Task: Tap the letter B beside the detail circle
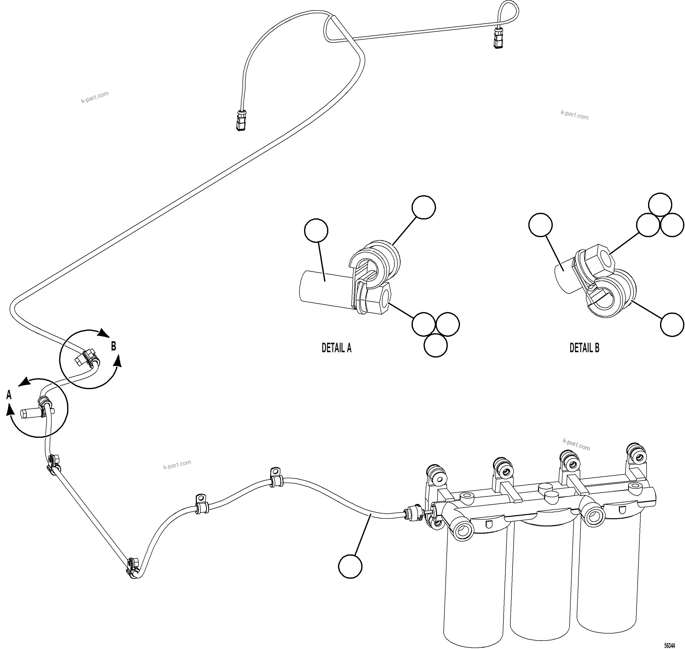pyautogui.click(x=114, y=346)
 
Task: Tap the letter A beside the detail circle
pyautogui.click(x=9, y=395)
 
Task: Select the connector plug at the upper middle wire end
pyautogui.click(x=241, y=120)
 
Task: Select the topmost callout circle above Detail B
pyautogui.click(x=660, y=204)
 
